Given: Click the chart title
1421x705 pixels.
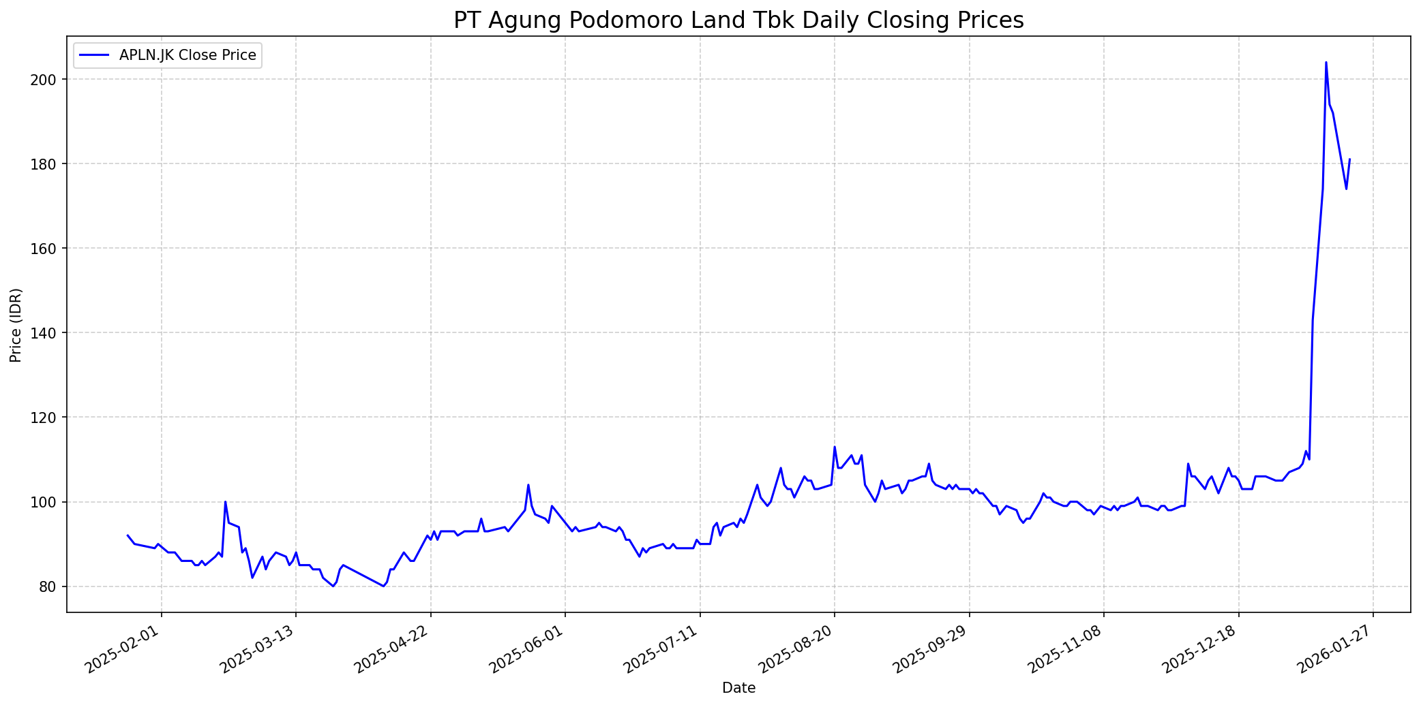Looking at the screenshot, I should (x=738, y=20).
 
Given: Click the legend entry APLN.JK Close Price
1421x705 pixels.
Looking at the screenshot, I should (x=188, y=55).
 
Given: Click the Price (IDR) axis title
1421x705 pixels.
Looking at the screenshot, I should (x=16, y=325).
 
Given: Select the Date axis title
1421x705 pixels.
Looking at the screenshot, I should (x=738, y=689).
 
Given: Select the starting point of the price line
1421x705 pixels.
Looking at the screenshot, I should (x=128, y=535).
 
